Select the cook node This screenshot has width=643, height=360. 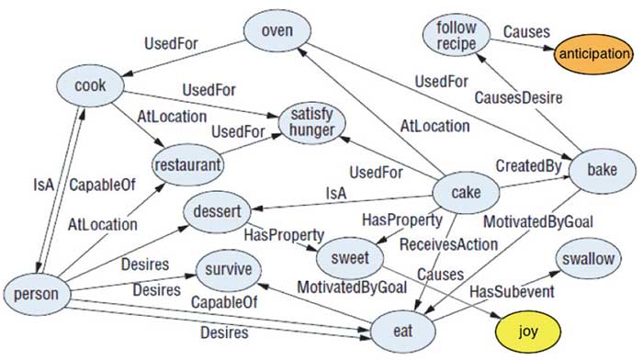[92, 87]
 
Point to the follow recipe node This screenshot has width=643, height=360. [457, 36]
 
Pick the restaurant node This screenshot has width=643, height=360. [187, 166]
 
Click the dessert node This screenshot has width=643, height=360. [216, 212]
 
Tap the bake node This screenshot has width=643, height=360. [602, 171]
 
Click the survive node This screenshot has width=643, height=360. [228, 271]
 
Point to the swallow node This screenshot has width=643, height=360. [588, 260]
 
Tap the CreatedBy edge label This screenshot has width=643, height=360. [529, 165]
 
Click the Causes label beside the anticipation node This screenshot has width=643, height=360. [527, 31]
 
